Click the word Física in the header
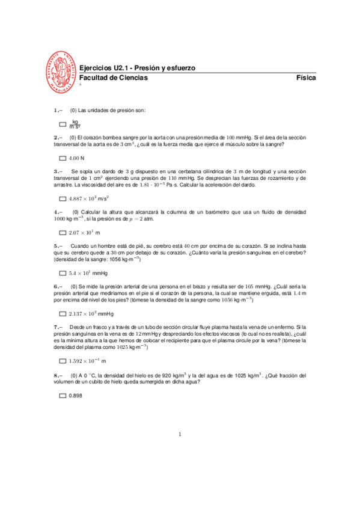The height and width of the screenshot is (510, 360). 307,78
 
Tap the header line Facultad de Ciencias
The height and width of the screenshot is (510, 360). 114,78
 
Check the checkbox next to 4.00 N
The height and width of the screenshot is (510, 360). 63,158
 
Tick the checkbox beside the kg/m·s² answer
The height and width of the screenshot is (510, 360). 63,124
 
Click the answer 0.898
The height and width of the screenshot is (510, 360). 75,396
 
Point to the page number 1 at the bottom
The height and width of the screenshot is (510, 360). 180,434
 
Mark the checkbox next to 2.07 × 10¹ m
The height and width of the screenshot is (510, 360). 63,232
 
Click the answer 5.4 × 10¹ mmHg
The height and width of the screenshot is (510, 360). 87,273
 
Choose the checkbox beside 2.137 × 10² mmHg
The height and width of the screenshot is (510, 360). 63,314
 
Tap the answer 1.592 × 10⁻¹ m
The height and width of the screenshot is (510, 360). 87,361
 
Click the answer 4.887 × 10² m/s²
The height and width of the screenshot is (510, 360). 92,198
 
